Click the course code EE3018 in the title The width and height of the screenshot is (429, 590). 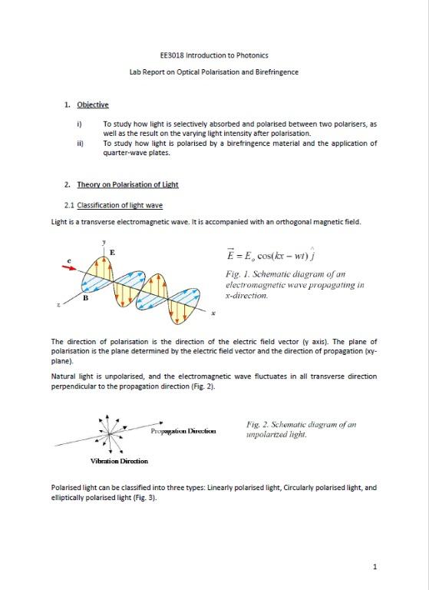click(172, 55)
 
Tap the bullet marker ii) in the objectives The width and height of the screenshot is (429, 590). click(79, 143)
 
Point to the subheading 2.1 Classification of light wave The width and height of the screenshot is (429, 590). click(114, 205)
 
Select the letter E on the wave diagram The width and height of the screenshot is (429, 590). click(113, 252)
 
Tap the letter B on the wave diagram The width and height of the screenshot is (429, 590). click(86, 298)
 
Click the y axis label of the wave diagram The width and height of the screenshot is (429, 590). click(104, 242)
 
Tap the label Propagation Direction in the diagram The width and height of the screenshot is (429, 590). click(183, 431)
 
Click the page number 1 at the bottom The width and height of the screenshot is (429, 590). click(374, 567)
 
